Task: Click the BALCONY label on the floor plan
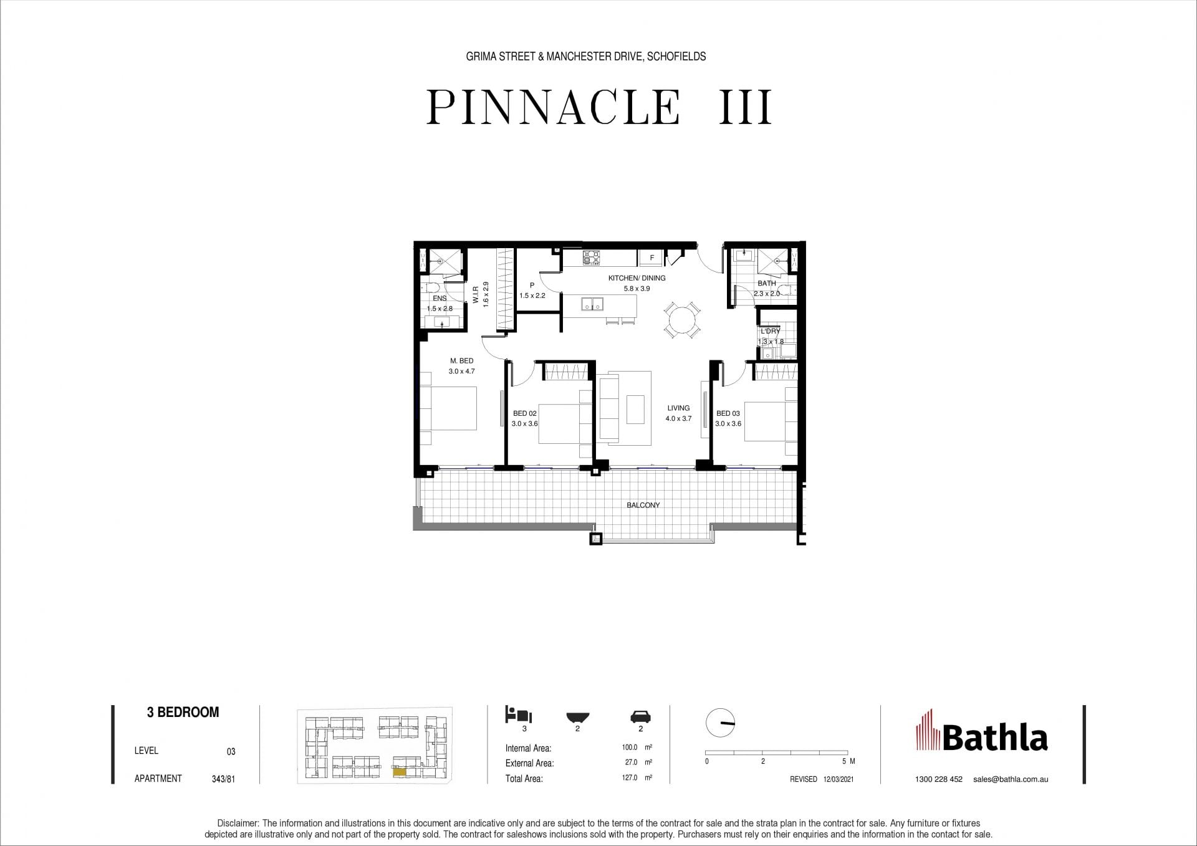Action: [x=643, y=505]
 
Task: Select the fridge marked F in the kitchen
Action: [x=652, y=257]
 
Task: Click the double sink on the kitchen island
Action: [x=592, y=304]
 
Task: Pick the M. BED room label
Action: [x=462, y=361]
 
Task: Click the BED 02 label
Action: [x=525, y=413]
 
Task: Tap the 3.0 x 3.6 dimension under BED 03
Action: [x=728, y=424]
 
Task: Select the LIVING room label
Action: [x=678, y=408]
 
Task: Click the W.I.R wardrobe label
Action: [x=476, y=295]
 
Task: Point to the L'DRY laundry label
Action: [x=770, y=331]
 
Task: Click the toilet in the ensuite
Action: [x=433, y=288]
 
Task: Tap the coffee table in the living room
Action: [x=636, y=409]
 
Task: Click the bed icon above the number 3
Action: [x=518, y=714]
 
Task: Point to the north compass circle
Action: [x=720, y=723]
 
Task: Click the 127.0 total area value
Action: [x=630, y=778]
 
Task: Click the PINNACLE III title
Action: [x=599, y=108]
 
